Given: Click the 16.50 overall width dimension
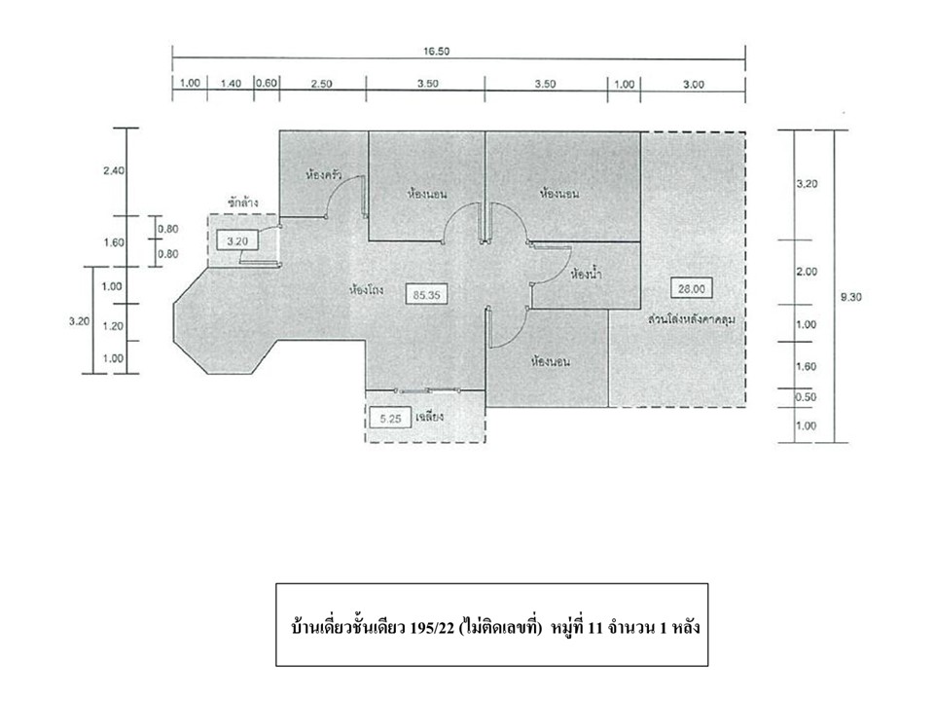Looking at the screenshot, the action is [436, 52].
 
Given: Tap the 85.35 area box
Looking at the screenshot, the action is [426, 294].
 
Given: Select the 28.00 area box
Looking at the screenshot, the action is [691, 288].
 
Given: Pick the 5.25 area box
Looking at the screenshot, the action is [390, 419].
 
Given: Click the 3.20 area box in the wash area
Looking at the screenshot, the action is [237, 241].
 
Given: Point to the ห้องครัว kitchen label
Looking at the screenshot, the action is [323, 175].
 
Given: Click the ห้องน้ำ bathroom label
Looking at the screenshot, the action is [586, 275].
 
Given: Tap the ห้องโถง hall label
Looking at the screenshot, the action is [367, 291].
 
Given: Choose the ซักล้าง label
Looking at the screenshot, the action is [242, 203].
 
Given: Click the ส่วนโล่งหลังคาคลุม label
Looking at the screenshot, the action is [692, 319].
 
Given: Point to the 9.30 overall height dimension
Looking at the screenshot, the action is [850, 297].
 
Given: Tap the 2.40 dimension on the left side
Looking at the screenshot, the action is [114, 170].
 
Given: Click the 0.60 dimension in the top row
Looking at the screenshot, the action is [267, 83].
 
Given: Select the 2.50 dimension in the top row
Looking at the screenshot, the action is [321, 84].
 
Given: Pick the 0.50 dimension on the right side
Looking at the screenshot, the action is [806, 397].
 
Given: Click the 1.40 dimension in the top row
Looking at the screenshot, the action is [231, 84].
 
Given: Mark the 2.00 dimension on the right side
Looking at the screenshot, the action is [807, 272].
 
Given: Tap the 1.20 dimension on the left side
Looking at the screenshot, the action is [113, 326].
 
